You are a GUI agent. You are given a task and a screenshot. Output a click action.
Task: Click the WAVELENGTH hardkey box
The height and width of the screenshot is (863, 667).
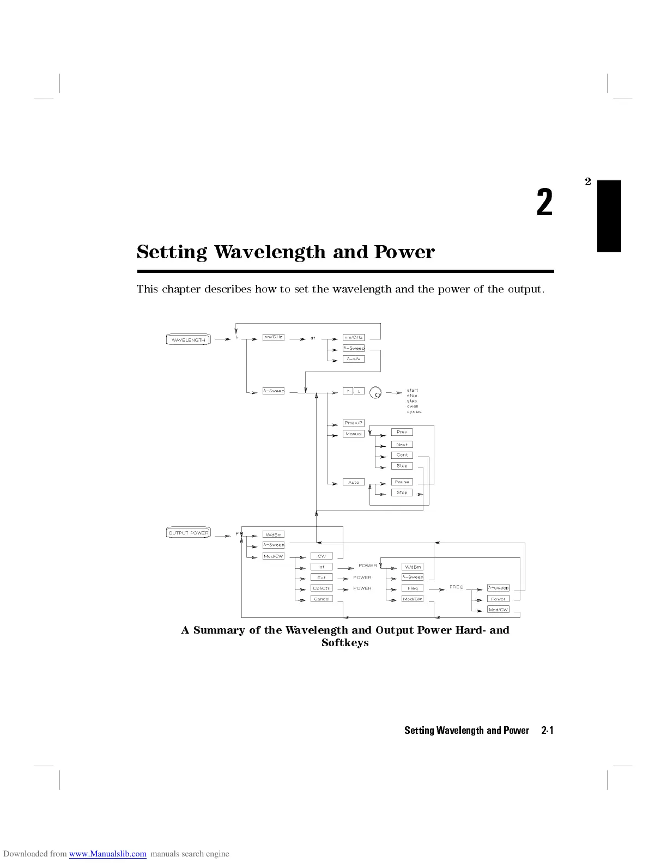click(188, 340)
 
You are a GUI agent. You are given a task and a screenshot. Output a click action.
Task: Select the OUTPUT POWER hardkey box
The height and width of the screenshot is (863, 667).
click(188, 533)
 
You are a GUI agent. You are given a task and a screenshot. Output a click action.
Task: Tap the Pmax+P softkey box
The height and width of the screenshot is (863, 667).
click(354, 423)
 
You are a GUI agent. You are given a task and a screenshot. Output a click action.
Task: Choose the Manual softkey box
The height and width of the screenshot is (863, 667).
click(354, 434)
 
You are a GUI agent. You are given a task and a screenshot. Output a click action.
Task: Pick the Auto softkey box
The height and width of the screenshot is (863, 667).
click(354, 482)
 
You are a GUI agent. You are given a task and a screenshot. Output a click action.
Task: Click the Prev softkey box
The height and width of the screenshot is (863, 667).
click(402, 432)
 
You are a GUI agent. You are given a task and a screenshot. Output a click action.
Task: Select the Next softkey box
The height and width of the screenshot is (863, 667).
click(402, 445)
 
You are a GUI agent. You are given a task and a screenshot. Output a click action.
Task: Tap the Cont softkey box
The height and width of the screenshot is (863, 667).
click(402, 455)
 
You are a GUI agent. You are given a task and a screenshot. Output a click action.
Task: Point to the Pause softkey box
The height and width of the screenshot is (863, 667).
click(402, 482)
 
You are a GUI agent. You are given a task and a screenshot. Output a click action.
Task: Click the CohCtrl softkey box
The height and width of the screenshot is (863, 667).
click(322, 588)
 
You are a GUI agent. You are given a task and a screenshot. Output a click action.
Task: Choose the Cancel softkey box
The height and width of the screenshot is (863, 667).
click(322, 599)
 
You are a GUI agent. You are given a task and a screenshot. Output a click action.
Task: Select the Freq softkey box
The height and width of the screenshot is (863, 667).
click(413, 588)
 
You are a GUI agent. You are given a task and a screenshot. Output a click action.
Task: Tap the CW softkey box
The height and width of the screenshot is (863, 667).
click(322, 556)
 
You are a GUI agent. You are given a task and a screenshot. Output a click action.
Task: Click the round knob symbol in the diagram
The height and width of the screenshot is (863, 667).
click(375, 392)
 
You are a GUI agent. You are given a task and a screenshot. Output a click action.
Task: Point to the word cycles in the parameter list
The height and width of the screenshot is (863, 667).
click(414, 412)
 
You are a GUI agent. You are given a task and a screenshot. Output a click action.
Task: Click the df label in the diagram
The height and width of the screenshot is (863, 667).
click(313, 338)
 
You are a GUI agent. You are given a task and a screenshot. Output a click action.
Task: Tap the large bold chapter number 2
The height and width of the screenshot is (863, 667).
click(544, 203)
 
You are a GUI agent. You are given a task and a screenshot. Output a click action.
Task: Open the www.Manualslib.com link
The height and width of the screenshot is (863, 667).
click(108, 854)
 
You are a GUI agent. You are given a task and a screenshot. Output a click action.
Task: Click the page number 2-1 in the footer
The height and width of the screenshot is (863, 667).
click(547, 731)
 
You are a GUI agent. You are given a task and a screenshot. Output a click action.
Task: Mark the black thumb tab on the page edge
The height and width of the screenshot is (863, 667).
click(609, 216)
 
